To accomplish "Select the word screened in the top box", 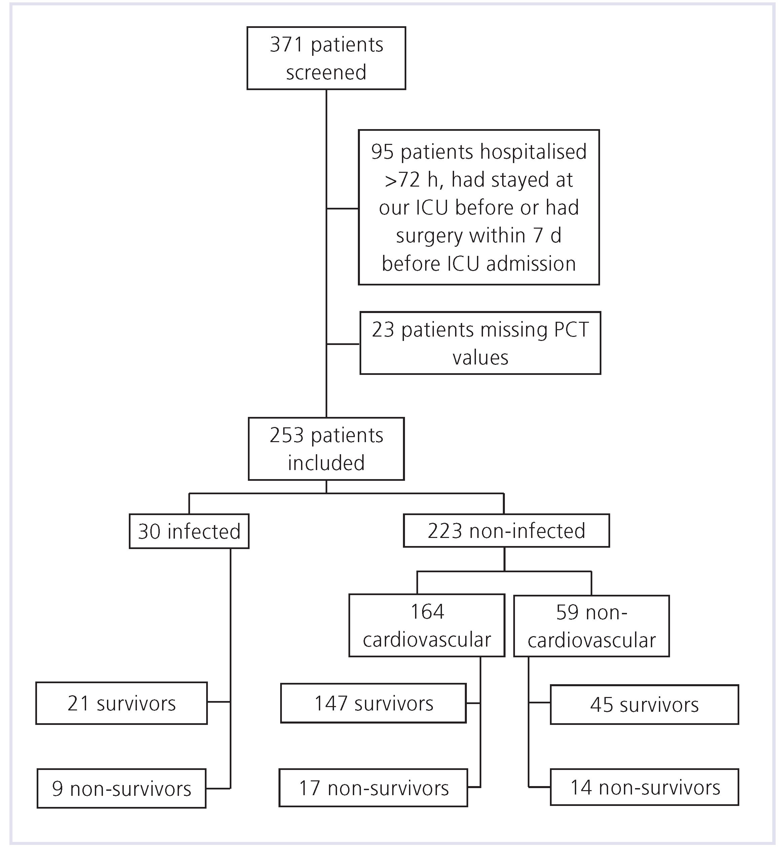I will [326, 72].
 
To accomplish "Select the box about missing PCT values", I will [480, 343].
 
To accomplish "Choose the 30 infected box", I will [189, 531].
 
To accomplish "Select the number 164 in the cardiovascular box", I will [427, 612].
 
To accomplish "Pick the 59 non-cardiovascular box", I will [591, 626].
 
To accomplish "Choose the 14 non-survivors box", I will [644, 787].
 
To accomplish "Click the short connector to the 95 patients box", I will [342, 208].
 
